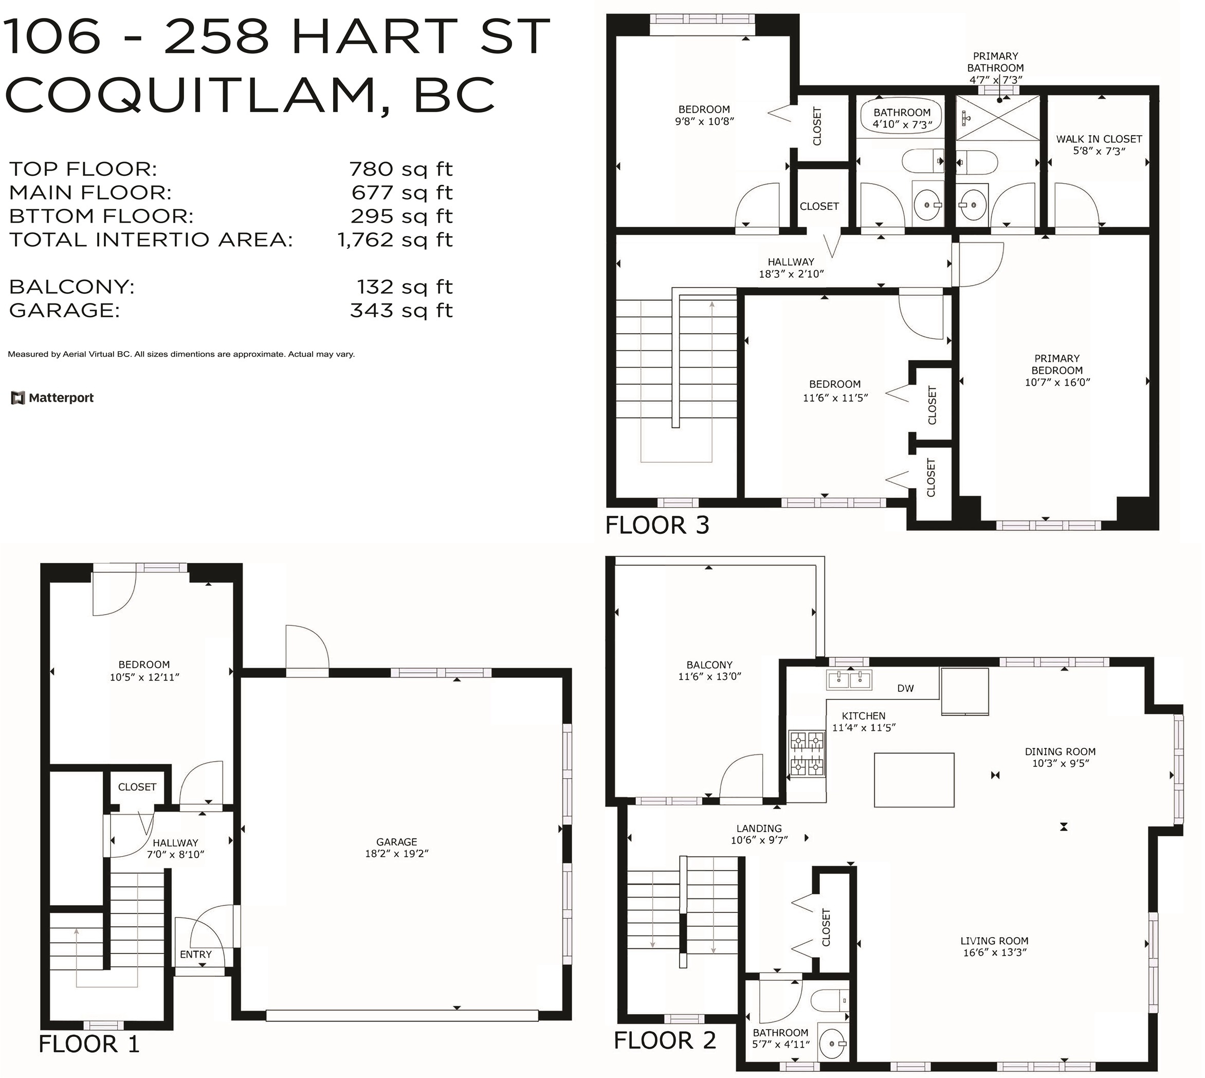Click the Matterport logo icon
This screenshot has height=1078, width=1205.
coord(17,398)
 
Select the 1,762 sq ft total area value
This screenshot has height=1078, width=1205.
coord(395,240)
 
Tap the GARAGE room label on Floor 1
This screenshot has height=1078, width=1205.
coord(397,841)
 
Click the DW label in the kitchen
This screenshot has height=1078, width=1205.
coord(905,688)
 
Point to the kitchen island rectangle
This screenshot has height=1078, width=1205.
coord(914,780)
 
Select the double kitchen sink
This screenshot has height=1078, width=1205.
coord(850,680)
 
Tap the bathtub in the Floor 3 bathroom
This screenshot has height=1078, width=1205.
coord(902,116)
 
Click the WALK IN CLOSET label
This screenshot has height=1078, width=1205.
coord(1099,139)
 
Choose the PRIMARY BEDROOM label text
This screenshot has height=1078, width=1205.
coord(1057,364)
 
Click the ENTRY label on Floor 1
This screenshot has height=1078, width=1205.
coord(196,954)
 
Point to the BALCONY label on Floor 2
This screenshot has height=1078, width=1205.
coord(709,664)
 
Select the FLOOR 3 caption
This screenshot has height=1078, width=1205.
coord(658,526)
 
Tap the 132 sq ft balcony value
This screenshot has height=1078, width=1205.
coord(405,286)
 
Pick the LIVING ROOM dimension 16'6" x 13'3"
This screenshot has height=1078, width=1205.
coord(994,953)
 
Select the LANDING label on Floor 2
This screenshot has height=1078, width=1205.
coord(759,828)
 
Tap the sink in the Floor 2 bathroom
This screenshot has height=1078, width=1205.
coord(833,1043)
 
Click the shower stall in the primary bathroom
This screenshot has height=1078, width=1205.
coord(998,117)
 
